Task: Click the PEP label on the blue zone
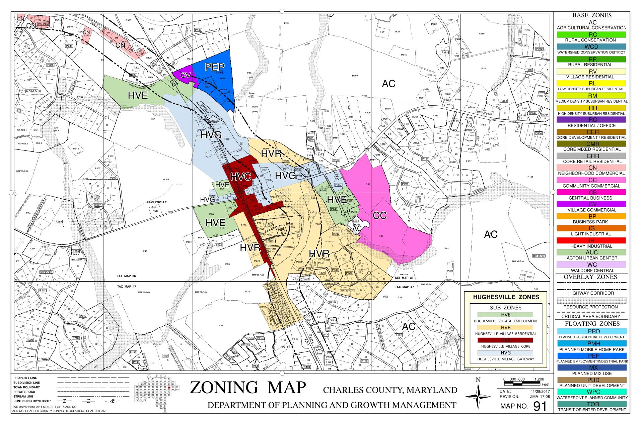click(214, 67)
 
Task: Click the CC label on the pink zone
click(379, 215)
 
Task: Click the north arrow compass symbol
click(478, 396)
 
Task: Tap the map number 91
click(540, 406)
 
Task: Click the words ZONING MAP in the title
click(248, 388)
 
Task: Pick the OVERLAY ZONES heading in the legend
click(592, 277)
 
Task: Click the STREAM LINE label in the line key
click(23, 396)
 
